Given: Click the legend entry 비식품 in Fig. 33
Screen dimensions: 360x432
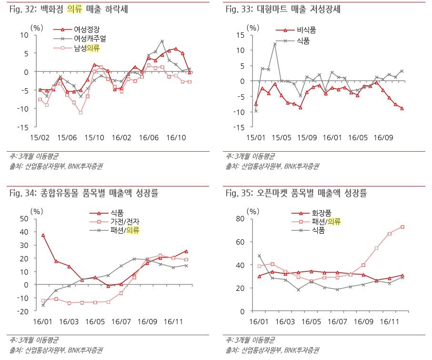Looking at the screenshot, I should pos(306,30).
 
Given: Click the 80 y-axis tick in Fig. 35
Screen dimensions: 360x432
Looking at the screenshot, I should pos(241,218).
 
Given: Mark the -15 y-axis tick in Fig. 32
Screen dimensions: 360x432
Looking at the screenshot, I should pos(23,127).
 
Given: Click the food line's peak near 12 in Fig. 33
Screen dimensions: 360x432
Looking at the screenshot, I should pos(275,44).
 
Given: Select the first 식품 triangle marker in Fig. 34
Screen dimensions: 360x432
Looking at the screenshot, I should pos(43,235).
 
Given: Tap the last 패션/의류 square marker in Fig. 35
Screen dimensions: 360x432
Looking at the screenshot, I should pos(402,227).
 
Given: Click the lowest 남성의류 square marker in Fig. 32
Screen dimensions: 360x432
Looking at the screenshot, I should pos(80,113).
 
